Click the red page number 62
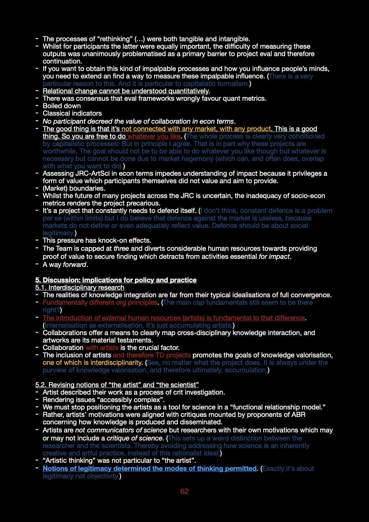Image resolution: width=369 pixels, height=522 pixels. (184, 491)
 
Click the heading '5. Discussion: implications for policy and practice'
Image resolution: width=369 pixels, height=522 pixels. (116, 280)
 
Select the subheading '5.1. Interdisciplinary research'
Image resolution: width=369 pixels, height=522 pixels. (80, 288)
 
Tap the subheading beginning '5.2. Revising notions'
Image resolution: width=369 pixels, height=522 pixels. (117, 385)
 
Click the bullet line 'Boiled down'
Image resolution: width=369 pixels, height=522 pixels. (62, 106)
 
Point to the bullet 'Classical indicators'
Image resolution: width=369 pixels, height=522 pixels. (72, 113)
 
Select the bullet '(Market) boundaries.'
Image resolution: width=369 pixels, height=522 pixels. (74, 188)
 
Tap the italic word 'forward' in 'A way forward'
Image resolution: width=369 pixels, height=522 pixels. (74, 265)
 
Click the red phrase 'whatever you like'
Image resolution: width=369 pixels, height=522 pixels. (154, 136)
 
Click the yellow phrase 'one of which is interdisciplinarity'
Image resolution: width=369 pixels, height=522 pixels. (92, 363)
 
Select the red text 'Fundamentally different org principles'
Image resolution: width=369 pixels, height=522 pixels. (100, 303)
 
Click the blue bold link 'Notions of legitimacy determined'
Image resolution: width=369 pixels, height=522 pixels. (149, 469)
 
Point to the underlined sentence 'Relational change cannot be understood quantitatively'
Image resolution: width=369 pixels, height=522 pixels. (126, 91)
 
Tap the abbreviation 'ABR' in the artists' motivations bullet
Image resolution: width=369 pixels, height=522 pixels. (298, 415)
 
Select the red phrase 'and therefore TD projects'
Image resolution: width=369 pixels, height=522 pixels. (152, 355)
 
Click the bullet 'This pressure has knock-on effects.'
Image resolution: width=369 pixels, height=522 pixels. (97, 241)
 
